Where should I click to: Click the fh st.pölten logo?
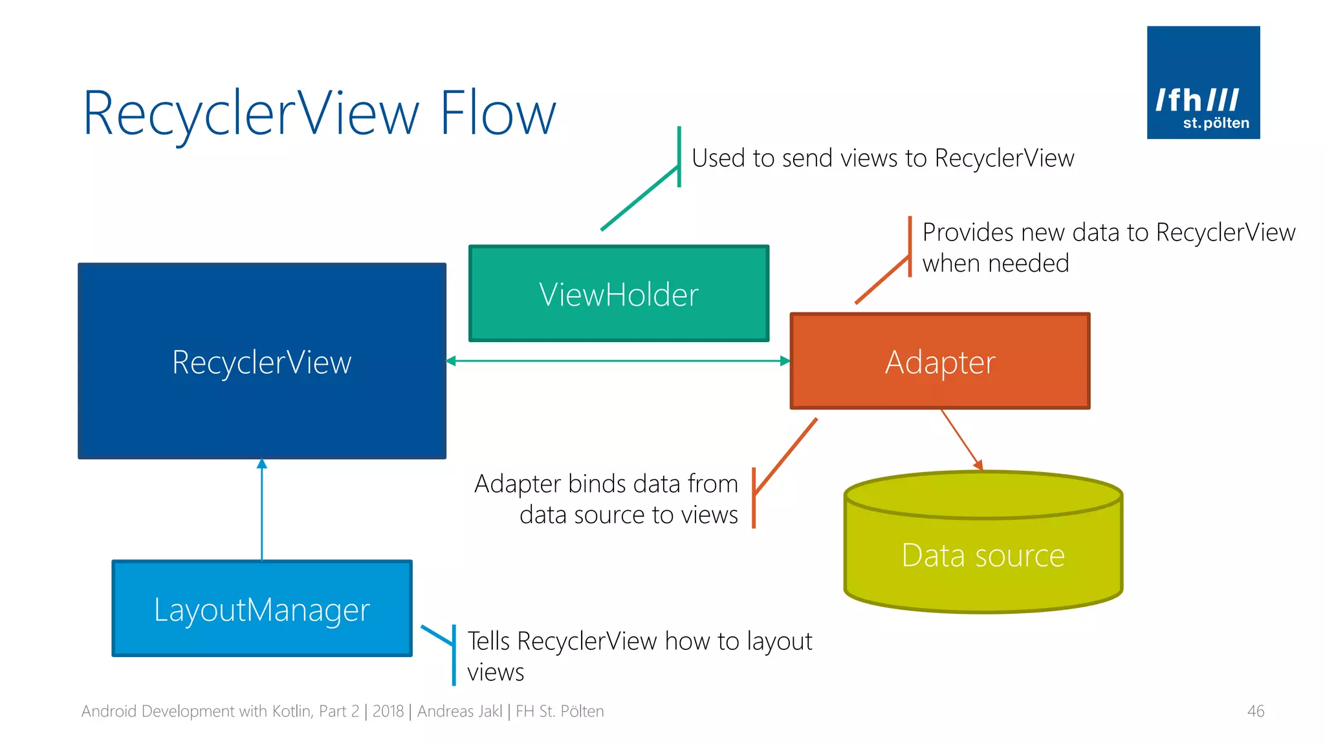click(1203, 82)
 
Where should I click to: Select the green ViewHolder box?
click(619, 294)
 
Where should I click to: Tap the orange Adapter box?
click(939, 362)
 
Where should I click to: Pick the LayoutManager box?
click(261, 609)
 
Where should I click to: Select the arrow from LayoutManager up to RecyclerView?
click(261, 511)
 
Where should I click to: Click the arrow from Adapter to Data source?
click(961, 440)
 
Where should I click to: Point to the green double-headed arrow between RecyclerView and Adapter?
click(618, 361)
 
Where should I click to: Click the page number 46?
click(1255, 711)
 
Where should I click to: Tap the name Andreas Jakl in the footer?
click(459, 711)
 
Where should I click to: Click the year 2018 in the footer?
click(388, 711)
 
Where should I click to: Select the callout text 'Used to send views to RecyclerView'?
click(882, 158)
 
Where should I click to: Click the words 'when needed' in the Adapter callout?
click(995, 263)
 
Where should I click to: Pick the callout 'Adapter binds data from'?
click(606, 484)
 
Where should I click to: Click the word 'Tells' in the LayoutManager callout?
click(488, 641)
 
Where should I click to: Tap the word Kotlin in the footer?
click(292, 711)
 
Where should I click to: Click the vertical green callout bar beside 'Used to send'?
click(679, 156)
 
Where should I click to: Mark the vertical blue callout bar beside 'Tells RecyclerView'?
click(454, 654)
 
